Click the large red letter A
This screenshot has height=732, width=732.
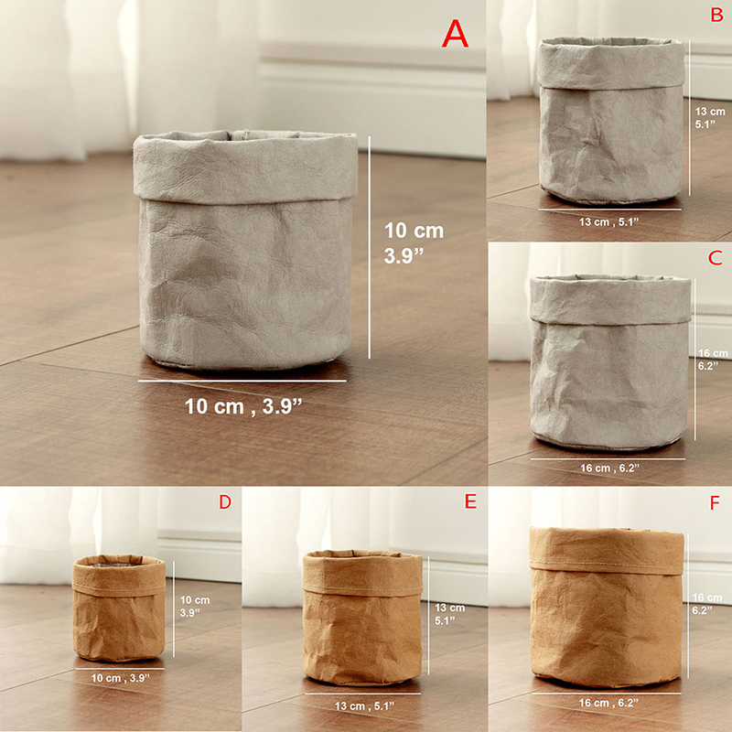455,34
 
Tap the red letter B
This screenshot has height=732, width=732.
716,15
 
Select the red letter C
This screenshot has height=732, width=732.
716,258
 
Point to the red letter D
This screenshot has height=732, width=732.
225,501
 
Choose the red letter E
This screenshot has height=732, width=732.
470,501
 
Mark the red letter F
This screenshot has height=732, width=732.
715,502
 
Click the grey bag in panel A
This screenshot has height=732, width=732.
245,250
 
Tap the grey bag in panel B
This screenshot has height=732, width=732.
610,121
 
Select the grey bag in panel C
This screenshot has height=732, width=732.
609,362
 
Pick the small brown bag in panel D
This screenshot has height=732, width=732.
119,608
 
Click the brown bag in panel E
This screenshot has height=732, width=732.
362,617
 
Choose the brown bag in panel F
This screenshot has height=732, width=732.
607,607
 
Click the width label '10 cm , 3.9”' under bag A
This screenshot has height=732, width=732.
243,406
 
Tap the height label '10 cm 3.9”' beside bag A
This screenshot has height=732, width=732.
414,242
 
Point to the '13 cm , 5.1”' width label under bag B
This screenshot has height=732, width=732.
608,221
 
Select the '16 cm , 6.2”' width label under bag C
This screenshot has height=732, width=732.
609,468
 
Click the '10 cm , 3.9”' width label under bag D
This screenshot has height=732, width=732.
121,678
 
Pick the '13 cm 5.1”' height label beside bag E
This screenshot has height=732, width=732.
449,614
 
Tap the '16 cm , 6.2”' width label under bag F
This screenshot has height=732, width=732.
608,703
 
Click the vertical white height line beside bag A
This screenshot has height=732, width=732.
370,247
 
